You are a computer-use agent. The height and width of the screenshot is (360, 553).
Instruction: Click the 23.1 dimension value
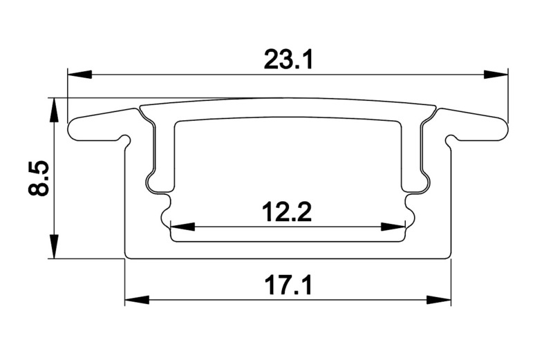(288, 60)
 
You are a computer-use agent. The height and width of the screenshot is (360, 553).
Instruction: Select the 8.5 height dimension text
(38, 178)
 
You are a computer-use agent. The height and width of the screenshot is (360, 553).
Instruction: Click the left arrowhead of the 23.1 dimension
(79, 75)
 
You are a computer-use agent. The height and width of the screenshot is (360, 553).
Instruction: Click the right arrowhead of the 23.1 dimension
(496, 75)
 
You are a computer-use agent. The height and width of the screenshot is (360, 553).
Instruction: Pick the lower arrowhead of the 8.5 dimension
(53, 247)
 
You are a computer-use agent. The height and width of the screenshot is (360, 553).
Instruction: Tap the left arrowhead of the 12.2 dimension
(182, 227)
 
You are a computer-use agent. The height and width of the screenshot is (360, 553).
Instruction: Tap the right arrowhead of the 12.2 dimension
(393, 227)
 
